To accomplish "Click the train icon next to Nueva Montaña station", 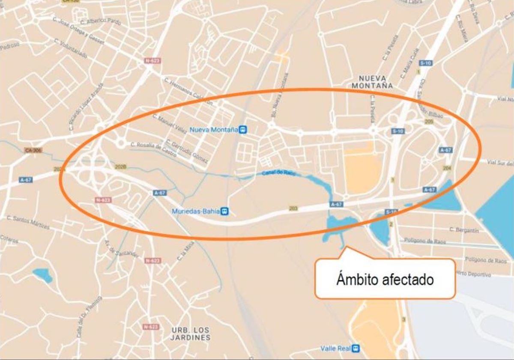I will [243, 129].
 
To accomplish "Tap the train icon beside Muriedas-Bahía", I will [225, 211].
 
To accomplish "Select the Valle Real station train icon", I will [355, 348].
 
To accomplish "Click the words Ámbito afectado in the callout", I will [385, 280].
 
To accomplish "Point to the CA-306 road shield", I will [33, 150].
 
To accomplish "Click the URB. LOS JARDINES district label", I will [191, 333].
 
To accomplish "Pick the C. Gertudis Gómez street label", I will [187, 152].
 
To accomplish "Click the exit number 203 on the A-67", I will [293, 208].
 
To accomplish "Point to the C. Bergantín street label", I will [464, 230].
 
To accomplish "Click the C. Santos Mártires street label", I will [28, 223].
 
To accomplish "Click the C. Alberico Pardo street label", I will [101, 21].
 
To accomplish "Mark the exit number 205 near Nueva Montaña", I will [429, 122].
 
